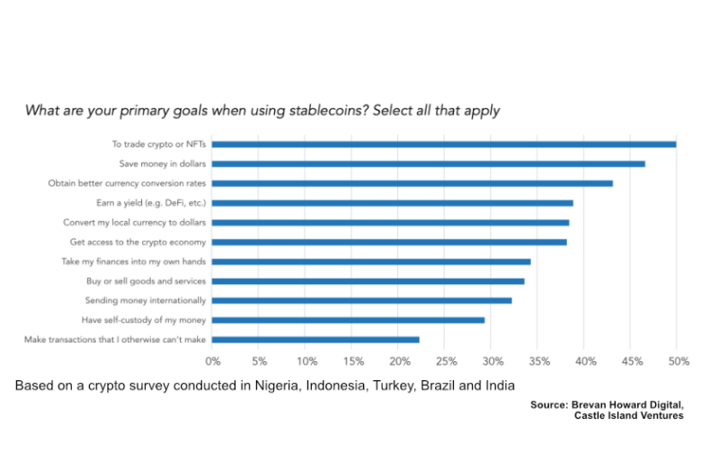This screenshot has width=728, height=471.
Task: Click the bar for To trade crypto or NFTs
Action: point(444,144)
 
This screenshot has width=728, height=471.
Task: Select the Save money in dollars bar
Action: point(428,164)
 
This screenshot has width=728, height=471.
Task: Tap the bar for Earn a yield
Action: point(392,203)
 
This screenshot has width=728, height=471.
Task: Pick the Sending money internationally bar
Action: point(361,300)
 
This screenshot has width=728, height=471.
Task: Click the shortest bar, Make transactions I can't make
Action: point(315,340)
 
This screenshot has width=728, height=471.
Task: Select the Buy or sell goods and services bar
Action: point(368,281)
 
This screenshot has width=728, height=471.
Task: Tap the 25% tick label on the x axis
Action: point(446,361)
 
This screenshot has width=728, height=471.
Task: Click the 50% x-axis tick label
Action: point(679,361)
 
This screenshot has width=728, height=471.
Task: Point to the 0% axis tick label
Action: point(213,361)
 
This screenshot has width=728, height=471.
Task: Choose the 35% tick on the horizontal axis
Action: point(539,361)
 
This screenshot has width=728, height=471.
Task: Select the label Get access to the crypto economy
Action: point(138,242)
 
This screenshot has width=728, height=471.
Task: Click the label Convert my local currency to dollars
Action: point(134,222)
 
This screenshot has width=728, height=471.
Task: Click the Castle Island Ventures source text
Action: point(628,415)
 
